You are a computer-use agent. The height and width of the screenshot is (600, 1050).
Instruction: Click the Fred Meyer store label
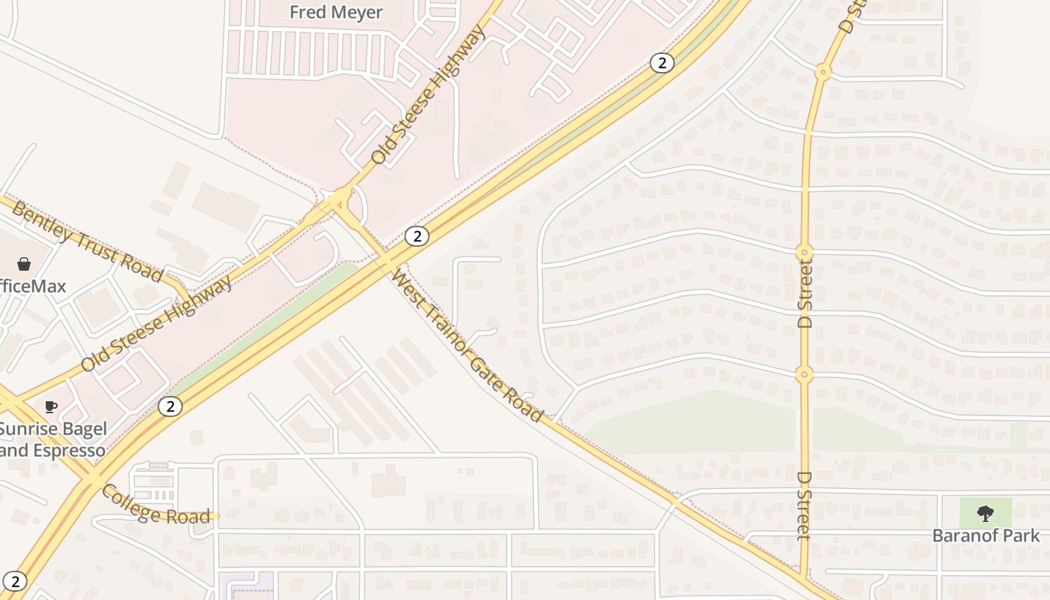coord(337,13)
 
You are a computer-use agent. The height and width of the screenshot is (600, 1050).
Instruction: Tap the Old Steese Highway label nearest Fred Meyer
coord(427,95)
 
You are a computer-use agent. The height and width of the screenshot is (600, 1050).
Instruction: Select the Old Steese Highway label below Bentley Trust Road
coord(156,324)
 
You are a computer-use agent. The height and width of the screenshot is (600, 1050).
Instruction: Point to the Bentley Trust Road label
coord(88,241)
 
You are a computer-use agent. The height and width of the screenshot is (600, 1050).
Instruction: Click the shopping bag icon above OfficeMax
coord(24,264)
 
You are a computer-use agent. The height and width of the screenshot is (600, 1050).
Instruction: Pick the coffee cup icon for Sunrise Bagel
coord(50,407)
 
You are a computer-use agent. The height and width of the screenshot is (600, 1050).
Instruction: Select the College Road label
coord(155,505)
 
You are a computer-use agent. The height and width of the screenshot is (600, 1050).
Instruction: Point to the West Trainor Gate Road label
coord(466,345)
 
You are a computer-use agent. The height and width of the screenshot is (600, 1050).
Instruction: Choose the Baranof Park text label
coord(985,535)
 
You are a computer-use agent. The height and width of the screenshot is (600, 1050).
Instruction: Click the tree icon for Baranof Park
coord(985,514)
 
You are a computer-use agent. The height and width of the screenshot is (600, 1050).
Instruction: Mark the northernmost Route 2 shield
coord(661,63)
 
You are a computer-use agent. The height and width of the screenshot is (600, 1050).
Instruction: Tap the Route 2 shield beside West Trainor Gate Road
coord(416,236)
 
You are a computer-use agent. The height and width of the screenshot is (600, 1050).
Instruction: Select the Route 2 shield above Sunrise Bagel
coord(170,406)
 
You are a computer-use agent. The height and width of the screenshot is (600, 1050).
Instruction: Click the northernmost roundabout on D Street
coord(823,73)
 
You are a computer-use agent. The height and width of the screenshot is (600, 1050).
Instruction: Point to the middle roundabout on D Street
coord(805,252)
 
